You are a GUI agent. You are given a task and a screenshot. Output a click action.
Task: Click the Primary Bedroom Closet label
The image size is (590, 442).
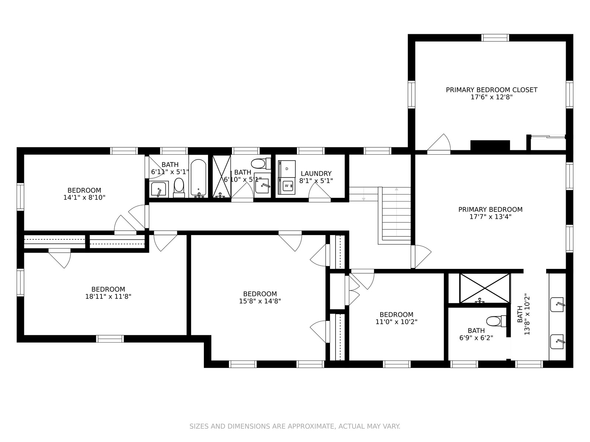tap(491, 90)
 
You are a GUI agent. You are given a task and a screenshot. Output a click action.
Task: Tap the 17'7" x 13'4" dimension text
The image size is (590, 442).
tap(490, 217)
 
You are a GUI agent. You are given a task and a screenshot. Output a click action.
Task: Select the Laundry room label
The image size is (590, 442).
tap(316, 173)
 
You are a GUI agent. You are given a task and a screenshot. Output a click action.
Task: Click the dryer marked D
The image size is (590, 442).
tap(287, 169)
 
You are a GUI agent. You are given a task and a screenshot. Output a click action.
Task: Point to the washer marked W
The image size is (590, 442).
tap(287, 185)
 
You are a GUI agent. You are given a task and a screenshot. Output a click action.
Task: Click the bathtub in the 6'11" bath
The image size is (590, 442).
tap(198, 178)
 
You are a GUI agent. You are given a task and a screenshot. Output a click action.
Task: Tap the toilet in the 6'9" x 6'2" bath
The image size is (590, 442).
tap(496, 321)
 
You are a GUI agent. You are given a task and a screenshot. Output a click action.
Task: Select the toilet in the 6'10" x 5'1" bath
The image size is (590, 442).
tap(261, 163)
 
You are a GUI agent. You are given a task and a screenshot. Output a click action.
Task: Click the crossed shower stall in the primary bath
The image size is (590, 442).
tap(485, 288)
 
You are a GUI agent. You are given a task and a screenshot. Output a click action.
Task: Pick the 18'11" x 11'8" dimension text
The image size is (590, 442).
tap(108, 297)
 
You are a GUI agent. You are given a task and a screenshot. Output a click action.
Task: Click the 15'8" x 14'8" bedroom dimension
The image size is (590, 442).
tap(260, 301)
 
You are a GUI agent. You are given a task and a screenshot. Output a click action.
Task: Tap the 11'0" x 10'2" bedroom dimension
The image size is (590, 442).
tap(396, 322)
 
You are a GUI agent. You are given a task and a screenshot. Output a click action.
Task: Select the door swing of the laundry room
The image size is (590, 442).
tap(320, 191)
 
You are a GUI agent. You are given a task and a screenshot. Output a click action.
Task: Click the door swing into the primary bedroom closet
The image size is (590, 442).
tap(439, 142)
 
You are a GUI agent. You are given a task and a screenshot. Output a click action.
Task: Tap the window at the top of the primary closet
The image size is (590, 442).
tap(495, 38)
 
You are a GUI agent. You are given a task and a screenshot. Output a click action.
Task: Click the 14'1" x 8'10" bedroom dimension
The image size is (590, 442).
tap(84, 197)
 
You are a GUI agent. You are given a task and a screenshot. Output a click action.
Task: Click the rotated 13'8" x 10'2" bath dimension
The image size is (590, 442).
tap(527, 315)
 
